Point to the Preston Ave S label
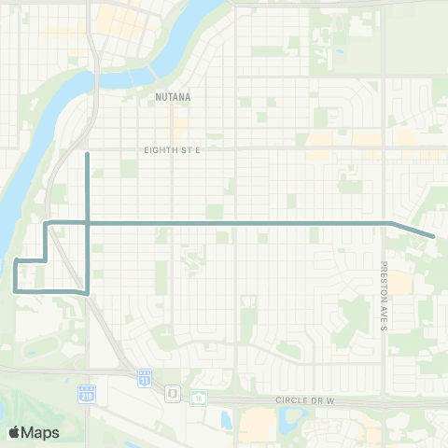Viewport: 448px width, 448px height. tap(383, 296)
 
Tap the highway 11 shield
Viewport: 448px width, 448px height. tap(144, 377)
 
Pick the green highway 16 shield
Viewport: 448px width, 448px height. tap(198, 397)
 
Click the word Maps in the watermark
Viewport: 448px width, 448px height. tap(42, 432)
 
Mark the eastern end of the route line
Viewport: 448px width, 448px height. tap(435, 236)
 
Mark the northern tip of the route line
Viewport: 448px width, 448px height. tap(87, 152)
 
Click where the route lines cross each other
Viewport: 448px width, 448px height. tap(87, 222)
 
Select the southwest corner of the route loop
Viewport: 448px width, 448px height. tap(15, 290)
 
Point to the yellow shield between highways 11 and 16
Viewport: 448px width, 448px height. tap(173, 395)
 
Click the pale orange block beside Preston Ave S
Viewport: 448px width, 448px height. tap(399, 282)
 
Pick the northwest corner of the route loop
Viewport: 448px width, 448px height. tap(47, 222)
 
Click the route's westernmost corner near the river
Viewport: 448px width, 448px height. tap(15, 259)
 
